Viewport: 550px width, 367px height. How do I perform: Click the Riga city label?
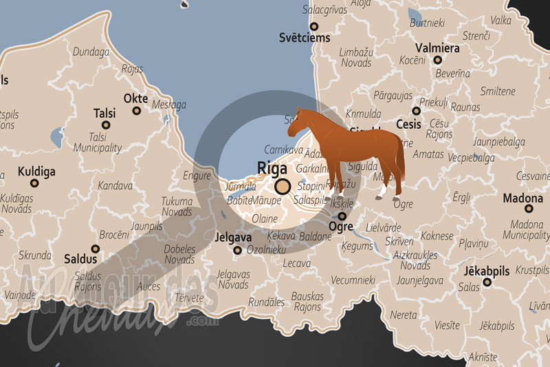point(272,167)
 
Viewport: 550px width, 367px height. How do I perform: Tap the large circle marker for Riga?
point(282,187)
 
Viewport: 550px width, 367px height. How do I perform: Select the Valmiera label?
point(437,48)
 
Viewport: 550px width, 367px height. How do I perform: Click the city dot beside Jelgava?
point(238,250)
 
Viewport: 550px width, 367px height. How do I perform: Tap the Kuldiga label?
point(36,171)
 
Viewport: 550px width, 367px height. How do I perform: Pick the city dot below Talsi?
point(106,125)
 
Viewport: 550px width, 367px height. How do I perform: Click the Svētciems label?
point(305,38)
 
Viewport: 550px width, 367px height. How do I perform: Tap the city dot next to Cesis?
point(416,110)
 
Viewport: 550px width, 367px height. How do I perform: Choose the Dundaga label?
point(91,52)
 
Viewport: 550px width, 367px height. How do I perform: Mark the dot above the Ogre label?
point(342,216)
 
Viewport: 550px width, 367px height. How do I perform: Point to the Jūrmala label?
point(241,187)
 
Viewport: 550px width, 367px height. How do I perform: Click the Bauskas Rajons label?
point(307,302)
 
